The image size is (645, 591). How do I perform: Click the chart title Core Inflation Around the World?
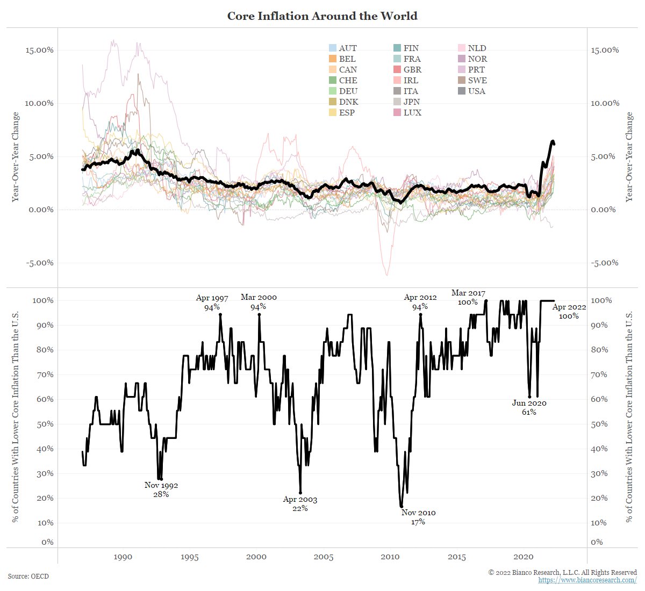pos(322,16)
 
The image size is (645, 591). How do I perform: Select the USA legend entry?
pos(476,91)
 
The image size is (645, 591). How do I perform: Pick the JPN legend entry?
pos(411,102)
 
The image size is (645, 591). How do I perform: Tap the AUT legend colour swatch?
pos(332,48)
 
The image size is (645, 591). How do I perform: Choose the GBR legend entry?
pos(412,70)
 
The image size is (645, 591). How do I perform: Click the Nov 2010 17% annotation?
pos(418,517)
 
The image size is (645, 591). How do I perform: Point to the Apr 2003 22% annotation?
pos(300,504)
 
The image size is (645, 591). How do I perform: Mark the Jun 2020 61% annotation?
pos(529,407)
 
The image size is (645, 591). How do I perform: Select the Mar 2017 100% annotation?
pos(468,297)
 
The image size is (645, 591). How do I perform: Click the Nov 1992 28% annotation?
pos(161,489)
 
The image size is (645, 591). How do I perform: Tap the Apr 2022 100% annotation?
pos(569,312)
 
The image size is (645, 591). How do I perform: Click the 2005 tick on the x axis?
pos(324,557)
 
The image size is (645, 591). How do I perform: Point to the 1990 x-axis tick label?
pos(123,557)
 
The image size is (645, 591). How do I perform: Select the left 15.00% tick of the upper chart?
pos(40,50)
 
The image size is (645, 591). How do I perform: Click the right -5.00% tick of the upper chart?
pos(605,263)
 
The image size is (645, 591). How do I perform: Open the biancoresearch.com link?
pos(587,580)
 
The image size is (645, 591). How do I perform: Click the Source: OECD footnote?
pos(28,576)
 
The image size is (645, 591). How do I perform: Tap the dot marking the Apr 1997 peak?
pos(220,315)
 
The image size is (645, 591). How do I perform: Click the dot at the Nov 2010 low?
pos(402,506)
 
